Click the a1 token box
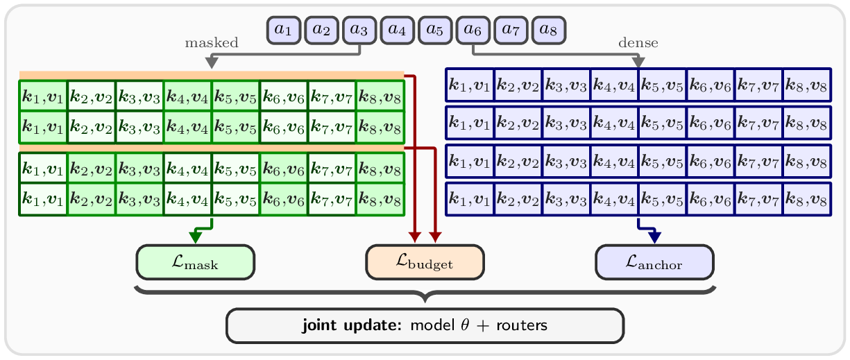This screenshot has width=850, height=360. [284, 31]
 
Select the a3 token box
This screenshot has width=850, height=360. [359, 31]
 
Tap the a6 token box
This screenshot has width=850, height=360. [473, 31]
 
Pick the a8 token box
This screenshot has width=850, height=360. [549, 31]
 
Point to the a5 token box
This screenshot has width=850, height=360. [435, 31]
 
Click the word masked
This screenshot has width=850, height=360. [212, 42]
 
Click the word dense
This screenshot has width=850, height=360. [638, 42]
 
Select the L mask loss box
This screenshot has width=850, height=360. [196, 262]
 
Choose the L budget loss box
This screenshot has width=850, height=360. [425, 262]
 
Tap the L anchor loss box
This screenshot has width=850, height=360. [654, 262]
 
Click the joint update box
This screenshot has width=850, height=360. [425, 325]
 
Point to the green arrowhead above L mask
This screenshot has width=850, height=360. [196, 238]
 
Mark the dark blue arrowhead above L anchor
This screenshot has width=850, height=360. [654, 238]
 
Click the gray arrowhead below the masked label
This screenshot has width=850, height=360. [212, 62]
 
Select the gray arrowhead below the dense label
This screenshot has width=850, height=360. [638, 62]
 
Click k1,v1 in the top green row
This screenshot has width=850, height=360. [43, 96]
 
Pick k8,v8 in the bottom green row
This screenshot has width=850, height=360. [380, 199]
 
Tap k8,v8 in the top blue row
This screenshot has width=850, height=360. [807, 85]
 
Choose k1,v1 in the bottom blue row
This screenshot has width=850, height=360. [470, 199]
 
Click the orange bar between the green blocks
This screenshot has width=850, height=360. [212, 148]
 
